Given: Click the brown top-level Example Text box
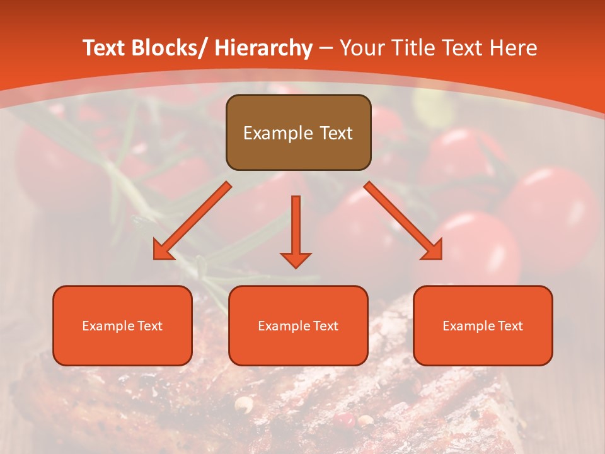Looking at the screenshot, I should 298,132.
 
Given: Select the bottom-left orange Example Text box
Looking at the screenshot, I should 122,325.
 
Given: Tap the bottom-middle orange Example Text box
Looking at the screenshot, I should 298,325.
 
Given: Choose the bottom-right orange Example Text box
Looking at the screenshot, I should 483,325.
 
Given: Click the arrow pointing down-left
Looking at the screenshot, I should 192,221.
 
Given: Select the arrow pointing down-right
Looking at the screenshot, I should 403,221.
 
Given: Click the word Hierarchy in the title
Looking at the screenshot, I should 263,49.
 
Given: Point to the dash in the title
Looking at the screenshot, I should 326,49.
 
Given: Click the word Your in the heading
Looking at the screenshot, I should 361,49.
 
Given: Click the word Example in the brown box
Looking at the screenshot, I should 272,133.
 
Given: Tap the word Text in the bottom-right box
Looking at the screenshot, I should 509,325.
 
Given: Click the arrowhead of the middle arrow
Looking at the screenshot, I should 296,260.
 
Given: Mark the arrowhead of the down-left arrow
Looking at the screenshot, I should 163,250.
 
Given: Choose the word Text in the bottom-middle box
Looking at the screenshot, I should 325,325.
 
